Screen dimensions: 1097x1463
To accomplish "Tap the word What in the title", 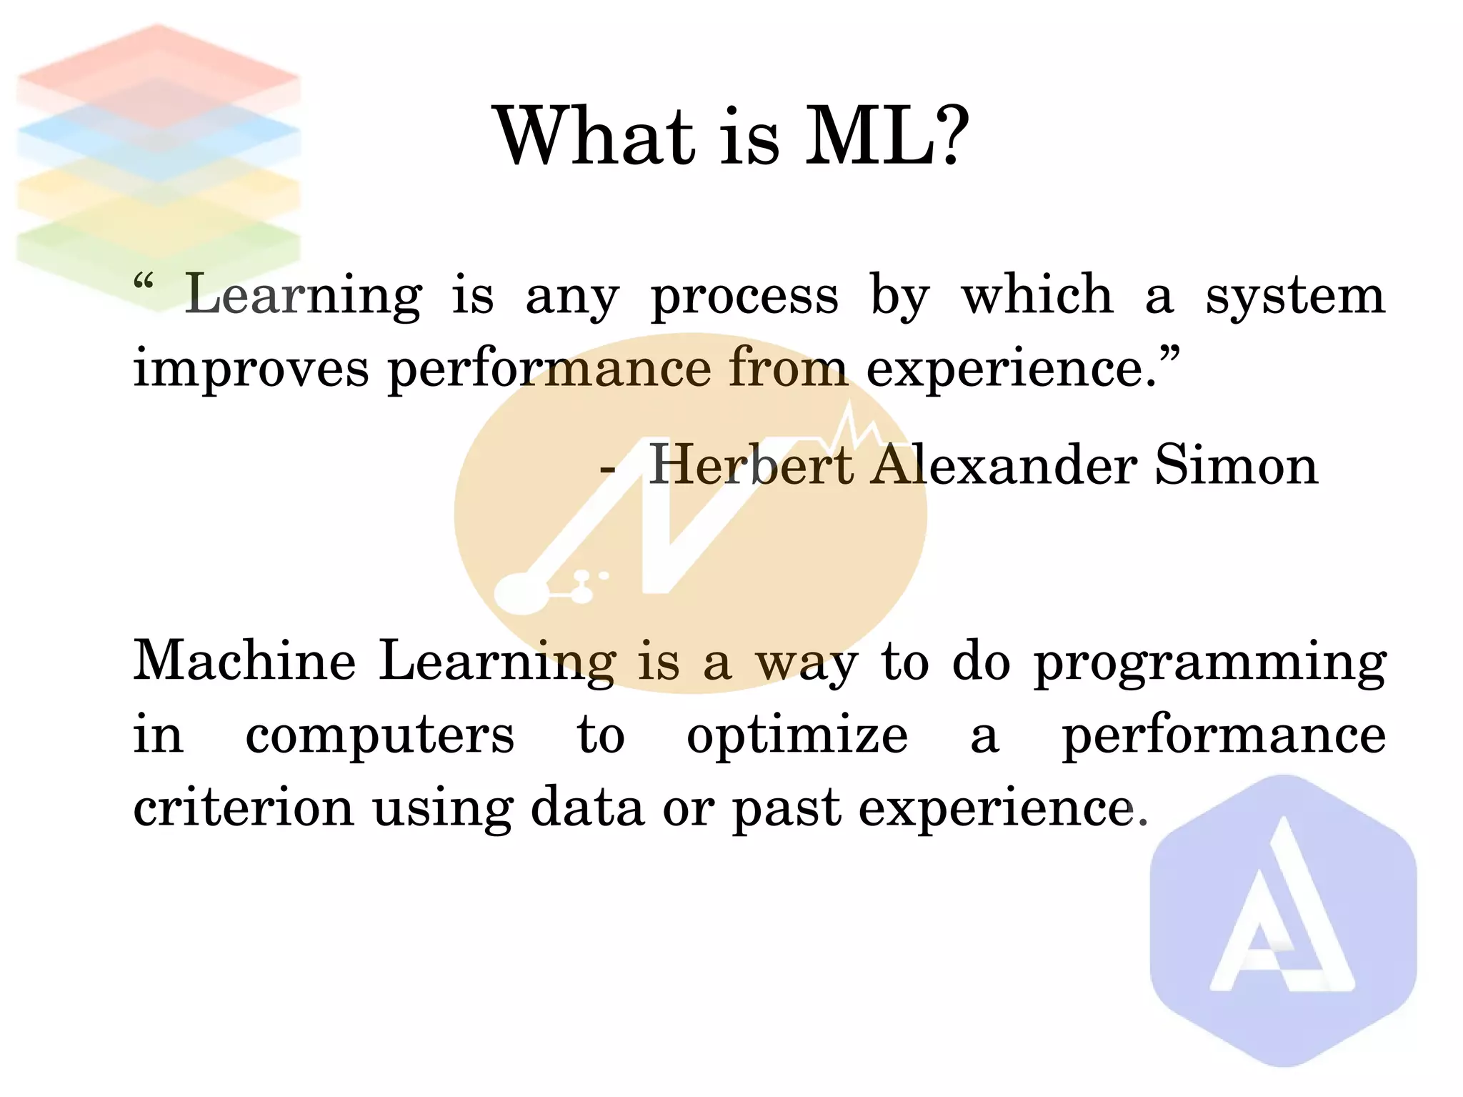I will [x=594, y=136].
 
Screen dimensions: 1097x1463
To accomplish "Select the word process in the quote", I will [x=744, y=297].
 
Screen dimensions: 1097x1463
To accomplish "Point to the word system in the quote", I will [x=1295, y=295].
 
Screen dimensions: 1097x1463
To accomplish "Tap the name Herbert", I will [x=750, y=465].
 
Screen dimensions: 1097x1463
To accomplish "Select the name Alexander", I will [x=1004, y=465].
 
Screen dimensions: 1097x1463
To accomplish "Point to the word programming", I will [x=1210, y=663].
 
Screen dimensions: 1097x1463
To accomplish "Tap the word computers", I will [x=379, y=736].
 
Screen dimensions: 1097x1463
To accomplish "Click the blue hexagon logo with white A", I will [x=1283, y=922].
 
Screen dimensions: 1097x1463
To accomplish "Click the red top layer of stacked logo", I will [x=157, y=71].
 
